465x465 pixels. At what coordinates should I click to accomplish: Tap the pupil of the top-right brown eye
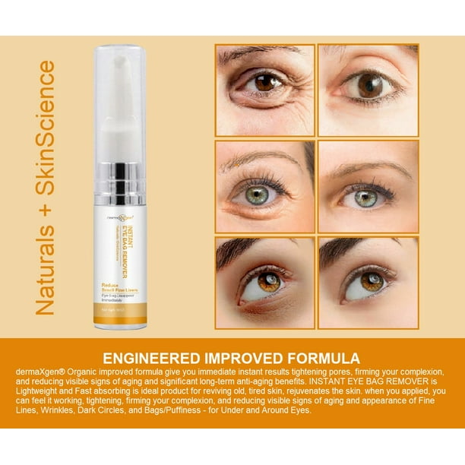click(x=371, y=86)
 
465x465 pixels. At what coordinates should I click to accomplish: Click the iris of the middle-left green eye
click(x=257, y=195)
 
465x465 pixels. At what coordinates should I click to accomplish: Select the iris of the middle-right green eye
click(x=366, y=199)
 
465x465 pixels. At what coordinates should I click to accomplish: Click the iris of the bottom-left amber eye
click(x=268, y=282)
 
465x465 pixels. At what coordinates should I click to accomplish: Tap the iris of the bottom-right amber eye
click(x=371, y=281)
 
